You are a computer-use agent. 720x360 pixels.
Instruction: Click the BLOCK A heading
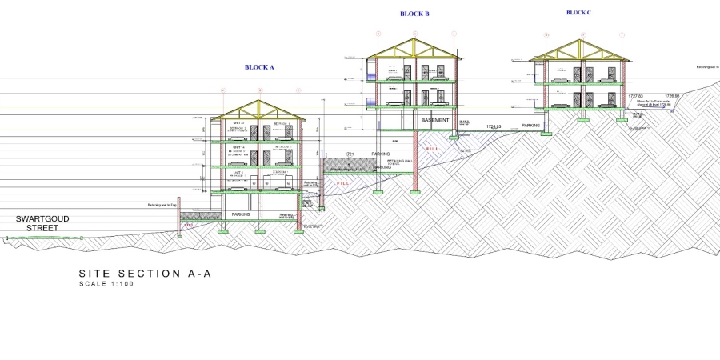pyautogui.click(x=259, y=67)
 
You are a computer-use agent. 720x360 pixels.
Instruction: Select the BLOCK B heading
pyautogui.click(x=414, y=14)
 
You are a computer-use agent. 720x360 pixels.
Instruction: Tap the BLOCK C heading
pyautogui.click(x=578, y=13)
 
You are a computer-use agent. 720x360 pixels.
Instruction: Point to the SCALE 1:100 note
pyautogui.click(x=106, y=284)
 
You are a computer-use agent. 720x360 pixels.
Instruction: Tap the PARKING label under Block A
pyautogui.click(x=241, y=214)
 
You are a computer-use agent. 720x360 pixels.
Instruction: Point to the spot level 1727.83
pyautogui.click(x=635, y=96)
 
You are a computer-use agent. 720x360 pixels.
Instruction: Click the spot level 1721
pyautogui.click(x=350, y=154)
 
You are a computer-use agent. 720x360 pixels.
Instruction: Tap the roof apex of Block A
pyautogui.click(x=259, y=101)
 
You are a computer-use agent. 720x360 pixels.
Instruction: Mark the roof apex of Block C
pyautogui.click(x=581, y=40)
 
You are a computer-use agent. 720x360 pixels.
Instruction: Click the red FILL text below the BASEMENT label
pyautogui.click(x=433, y=149)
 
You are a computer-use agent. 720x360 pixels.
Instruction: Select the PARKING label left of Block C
pyautogui.click(x=531, y=126)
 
